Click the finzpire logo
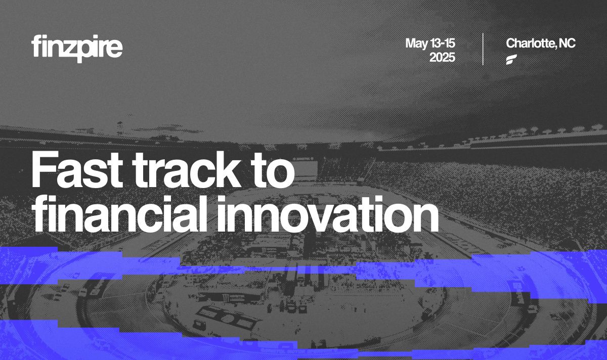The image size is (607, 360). (77, 49)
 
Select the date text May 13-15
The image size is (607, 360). (430, 43)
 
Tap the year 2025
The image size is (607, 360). (442, 58)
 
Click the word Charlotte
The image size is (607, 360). (530, 43)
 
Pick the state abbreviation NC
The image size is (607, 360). (567, 43)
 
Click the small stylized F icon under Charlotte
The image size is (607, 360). (511, 60)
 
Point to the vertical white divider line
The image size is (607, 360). (483, 49)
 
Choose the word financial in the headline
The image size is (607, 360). (119, 214)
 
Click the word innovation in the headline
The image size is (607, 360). (327, 214)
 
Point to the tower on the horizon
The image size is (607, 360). (119, 128)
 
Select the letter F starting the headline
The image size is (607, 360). (45, 169)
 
